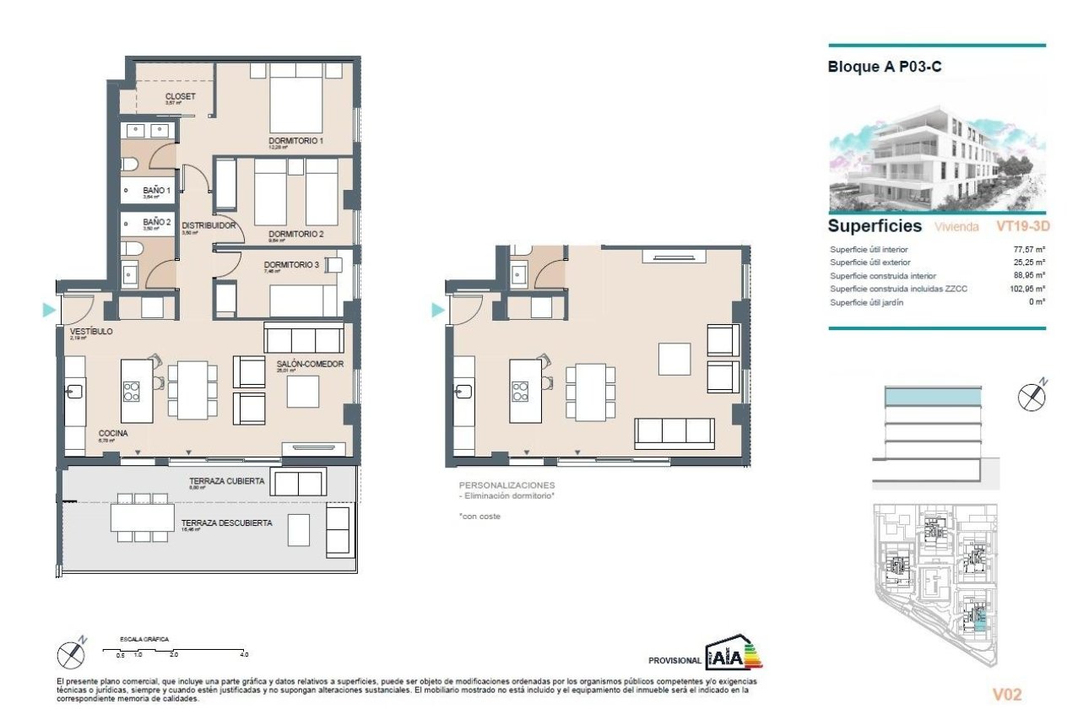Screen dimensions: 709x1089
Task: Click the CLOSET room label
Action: (x=180, y=96)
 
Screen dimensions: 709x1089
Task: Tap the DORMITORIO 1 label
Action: (x=296, y=140)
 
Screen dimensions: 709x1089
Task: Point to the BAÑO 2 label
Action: (x=156, y=222)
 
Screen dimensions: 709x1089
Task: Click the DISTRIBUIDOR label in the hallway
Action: (x=209, y=225)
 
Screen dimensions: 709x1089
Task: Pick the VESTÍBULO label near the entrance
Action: (x=90, y=332)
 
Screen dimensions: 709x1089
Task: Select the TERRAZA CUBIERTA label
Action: (x=227, y=481)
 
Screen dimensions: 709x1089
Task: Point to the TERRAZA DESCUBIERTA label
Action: (x=226, y=523)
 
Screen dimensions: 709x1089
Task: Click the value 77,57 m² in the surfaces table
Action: (x=1029, y=250)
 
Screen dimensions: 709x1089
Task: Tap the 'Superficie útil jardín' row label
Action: (x=867, y=303)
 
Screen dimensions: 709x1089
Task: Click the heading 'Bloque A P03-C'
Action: (x=885, y=68)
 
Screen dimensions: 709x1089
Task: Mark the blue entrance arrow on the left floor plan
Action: (x=49, y=311)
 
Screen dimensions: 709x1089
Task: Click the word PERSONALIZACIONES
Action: (x=507, y=485)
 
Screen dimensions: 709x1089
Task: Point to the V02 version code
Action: (x=1007, y=695)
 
